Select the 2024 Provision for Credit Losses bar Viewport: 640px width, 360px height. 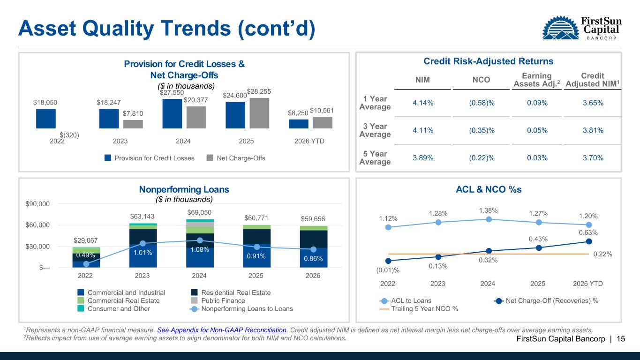tap(172, 113)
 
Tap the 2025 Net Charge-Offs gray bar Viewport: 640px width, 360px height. tap(259, 113)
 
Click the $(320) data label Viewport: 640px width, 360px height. tap(69, 135)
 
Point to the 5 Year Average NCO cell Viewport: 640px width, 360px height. tap(482, 158)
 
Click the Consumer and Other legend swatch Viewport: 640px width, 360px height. tap(81, 308)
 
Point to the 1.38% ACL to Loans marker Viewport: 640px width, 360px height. tap(489, 219)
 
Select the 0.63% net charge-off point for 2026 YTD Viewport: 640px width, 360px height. tap(589, 241)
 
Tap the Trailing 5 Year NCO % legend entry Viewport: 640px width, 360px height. tap(419, 308)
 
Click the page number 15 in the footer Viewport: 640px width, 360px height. tap(620, 339)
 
